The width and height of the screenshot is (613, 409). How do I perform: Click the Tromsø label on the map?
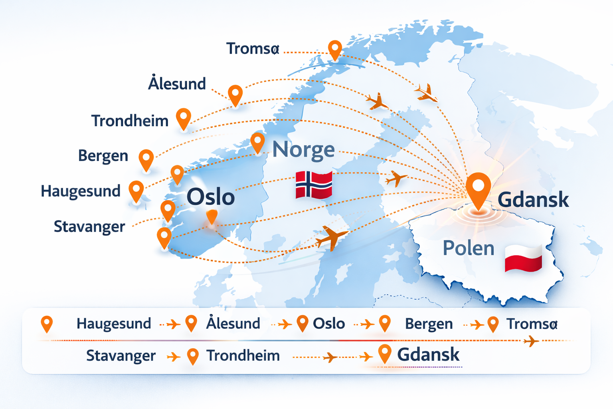pos(253,49)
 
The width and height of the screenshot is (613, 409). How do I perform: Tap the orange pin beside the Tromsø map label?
pos(335,50)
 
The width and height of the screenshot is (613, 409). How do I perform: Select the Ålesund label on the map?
pos(177,84)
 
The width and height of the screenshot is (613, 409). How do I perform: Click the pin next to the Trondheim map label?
pos(184,118)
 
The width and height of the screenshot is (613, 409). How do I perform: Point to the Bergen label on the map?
pos(103,156)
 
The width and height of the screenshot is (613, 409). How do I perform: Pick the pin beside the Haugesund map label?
pos(136,190)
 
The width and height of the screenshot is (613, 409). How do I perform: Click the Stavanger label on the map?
pos(89,226)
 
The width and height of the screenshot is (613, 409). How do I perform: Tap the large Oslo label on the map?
pos(210,197)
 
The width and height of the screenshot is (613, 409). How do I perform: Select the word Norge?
pos(303,150)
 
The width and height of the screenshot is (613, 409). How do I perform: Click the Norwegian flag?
pos(314,185)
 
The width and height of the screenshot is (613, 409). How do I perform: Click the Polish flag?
pos(523,258)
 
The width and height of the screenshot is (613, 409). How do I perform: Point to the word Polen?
pos(468,248)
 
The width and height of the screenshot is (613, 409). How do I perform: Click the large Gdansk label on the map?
pos(533,199)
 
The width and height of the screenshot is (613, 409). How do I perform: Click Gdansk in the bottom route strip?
pos(428,354)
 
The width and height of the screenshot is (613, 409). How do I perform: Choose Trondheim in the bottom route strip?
pos(243,355)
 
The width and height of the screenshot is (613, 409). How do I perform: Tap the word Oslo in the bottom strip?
pos(328,324)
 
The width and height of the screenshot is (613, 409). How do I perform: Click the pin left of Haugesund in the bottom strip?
pos(47,323)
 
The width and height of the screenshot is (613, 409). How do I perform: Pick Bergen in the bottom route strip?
pos(429,324)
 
